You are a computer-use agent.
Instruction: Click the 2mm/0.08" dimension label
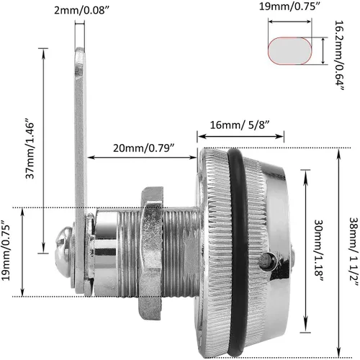[x=80, y=11]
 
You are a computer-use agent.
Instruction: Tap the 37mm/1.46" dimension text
[x=30, y=148]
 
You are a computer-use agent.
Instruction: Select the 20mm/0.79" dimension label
[x=143, y=148]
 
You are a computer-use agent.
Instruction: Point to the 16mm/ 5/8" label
[x=240, y=125]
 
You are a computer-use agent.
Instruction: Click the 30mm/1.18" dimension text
[x=320, y=251]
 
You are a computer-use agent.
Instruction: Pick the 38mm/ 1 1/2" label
[x=354, y=251]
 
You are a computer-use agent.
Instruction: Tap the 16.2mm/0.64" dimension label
[x=340, y=55]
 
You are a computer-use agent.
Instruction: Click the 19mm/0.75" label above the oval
[x=290, y=6]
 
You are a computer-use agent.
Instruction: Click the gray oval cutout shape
[x=290, y=50]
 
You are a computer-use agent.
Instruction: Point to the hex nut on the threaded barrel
[x=152, y=253]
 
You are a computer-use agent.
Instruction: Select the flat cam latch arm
[x=81, y=168]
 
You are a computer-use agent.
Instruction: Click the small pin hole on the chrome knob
[x=268, y=261]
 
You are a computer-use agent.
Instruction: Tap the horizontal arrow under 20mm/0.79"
[x=142, y=158]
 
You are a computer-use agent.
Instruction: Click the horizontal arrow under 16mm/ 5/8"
[x=240, y=136]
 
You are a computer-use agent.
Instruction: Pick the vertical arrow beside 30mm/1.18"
[x=305, y=251]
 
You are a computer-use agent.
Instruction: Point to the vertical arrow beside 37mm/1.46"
[x=43, y=150]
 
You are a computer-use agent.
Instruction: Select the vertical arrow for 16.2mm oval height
[x=323, y=50]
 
